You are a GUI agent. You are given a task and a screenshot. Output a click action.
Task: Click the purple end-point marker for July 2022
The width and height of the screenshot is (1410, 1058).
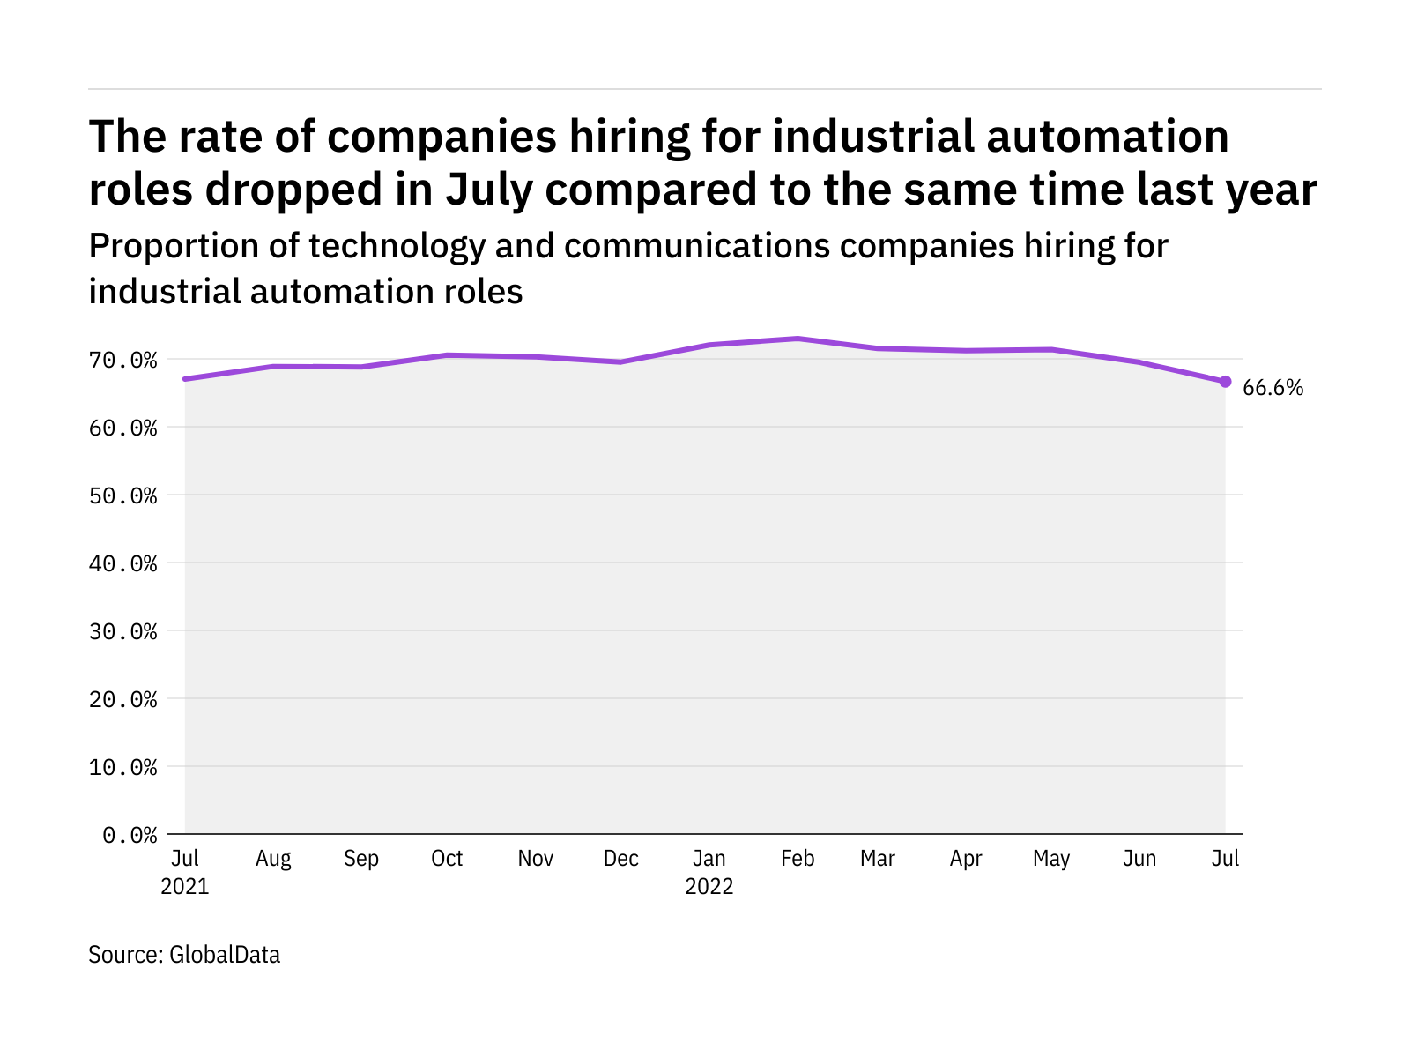(1225, 382)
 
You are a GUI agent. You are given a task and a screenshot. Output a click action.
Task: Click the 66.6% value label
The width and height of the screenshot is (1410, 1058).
(1273, 388)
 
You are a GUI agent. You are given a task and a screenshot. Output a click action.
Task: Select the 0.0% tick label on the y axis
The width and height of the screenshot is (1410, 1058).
(130, 835)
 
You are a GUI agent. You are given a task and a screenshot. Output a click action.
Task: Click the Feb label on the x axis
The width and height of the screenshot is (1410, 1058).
(798, 859)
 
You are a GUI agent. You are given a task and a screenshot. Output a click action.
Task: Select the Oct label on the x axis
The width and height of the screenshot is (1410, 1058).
(447, 859)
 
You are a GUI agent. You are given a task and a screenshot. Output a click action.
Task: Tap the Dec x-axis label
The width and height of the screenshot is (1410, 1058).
(621, 859)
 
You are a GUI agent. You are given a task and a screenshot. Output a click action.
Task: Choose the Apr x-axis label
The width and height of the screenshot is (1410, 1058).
(966, 859)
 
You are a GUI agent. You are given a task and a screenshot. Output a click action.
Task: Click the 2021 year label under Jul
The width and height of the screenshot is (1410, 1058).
(185, 886)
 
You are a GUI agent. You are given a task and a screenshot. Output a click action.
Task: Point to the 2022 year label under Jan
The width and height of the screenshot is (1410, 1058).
(709, 886)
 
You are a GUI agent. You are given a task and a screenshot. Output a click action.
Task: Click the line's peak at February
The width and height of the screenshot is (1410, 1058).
(798, 339)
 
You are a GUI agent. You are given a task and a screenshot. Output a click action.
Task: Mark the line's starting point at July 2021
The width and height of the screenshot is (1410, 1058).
(185, 379)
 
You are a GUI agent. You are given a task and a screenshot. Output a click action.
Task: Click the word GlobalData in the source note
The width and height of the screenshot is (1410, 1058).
(225, 955)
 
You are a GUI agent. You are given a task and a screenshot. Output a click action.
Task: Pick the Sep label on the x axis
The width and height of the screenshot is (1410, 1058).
(361, 859)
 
